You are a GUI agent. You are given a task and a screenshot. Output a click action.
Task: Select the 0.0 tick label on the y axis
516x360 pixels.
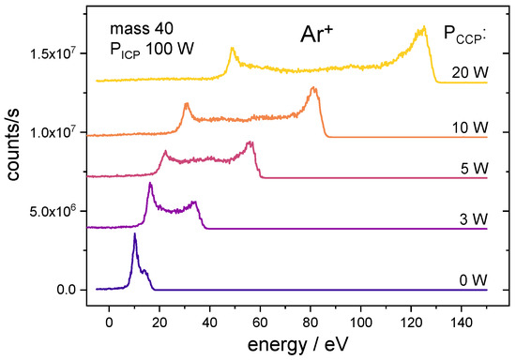click(66, 291)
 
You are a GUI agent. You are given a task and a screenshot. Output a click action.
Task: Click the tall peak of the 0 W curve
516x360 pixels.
click(135, 235)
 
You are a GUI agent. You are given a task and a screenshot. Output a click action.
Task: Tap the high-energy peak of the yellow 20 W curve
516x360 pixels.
click(423, 29)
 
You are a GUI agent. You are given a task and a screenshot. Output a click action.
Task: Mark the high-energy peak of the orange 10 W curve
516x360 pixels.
click(314, 89)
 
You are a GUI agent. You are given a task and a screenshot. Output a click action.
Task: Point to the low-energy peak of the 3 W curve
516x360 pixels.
click(150, 184)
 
